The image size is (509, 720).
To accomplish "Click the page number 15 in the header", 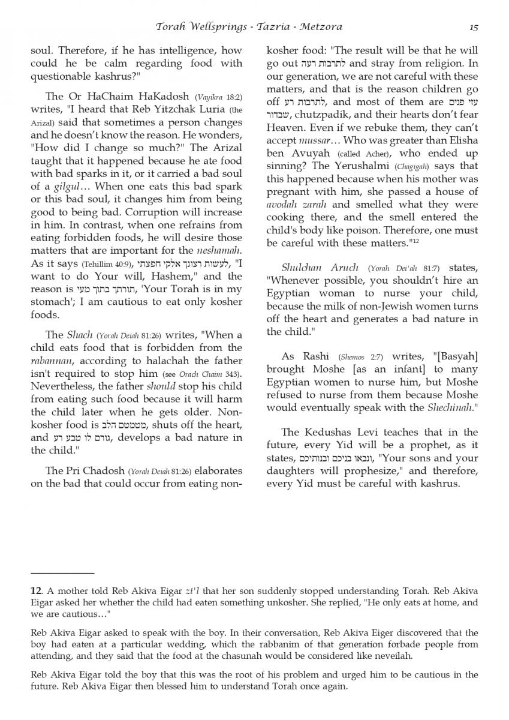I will [x=474, y=26].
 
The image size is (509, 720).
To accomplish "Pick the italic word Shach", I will [x=79, y=335].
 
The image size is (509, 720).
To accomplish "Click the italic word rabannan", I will [x=52, y=361].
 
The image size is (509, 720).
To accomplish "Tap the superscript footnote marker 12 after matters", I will [x=414, y=241].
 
